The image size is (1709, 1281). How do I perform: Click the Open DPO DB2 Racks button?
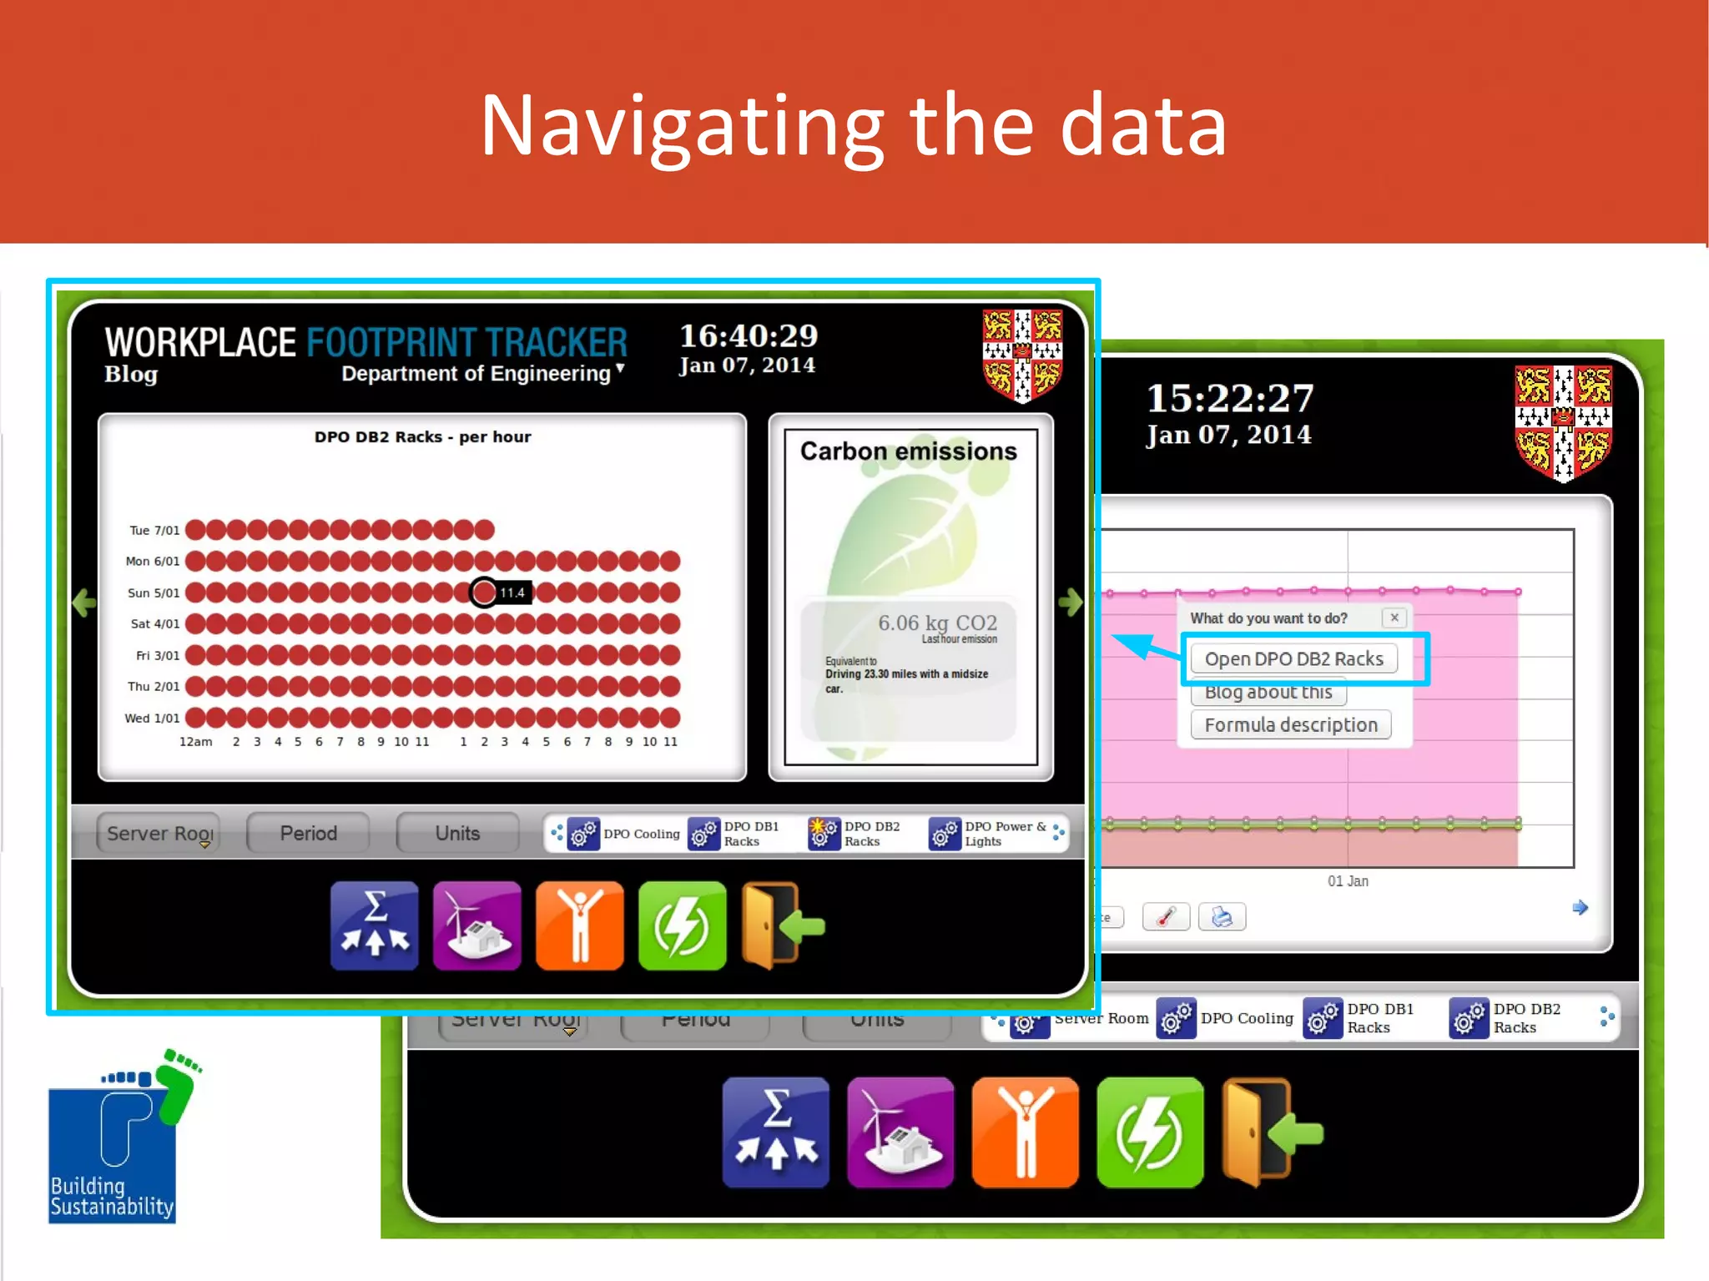1293,658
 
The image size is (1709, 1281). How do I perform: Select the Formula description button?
1290,724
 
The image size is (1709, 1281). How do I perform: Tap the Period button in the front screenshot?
308,833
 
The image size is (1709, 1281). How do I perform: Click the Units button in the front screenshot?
457,833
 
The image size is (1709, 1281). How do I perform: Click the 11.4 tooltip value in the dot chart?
512,593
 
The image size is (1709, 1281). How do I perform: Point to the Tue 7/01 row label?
154,530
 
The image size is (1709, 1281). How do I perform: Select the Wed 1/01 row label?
152,718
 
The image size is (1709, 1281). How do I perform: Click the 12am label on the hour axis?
195,741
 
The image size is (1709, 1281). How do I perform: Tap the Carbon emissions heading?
909,451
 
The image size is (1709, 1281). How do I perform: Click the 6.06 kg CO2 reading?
937,623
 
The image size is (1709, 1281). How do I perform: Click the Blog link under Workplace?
131,374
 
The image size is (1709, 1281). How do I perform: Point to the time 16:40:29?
749,335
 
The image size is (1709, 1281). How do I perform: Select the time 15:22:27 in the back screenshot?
1230,398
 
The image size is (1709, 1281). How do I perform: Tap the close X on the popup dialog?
1394,618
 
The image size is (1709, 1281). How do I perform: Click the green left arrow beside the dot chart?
84,603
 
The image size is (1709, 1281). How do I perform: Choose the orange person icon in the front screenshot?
579,925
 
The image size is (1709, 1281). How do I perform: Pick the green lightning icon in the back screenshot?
1150,1132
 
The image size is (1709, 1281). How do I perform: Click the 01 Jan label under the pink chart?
1348,880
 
